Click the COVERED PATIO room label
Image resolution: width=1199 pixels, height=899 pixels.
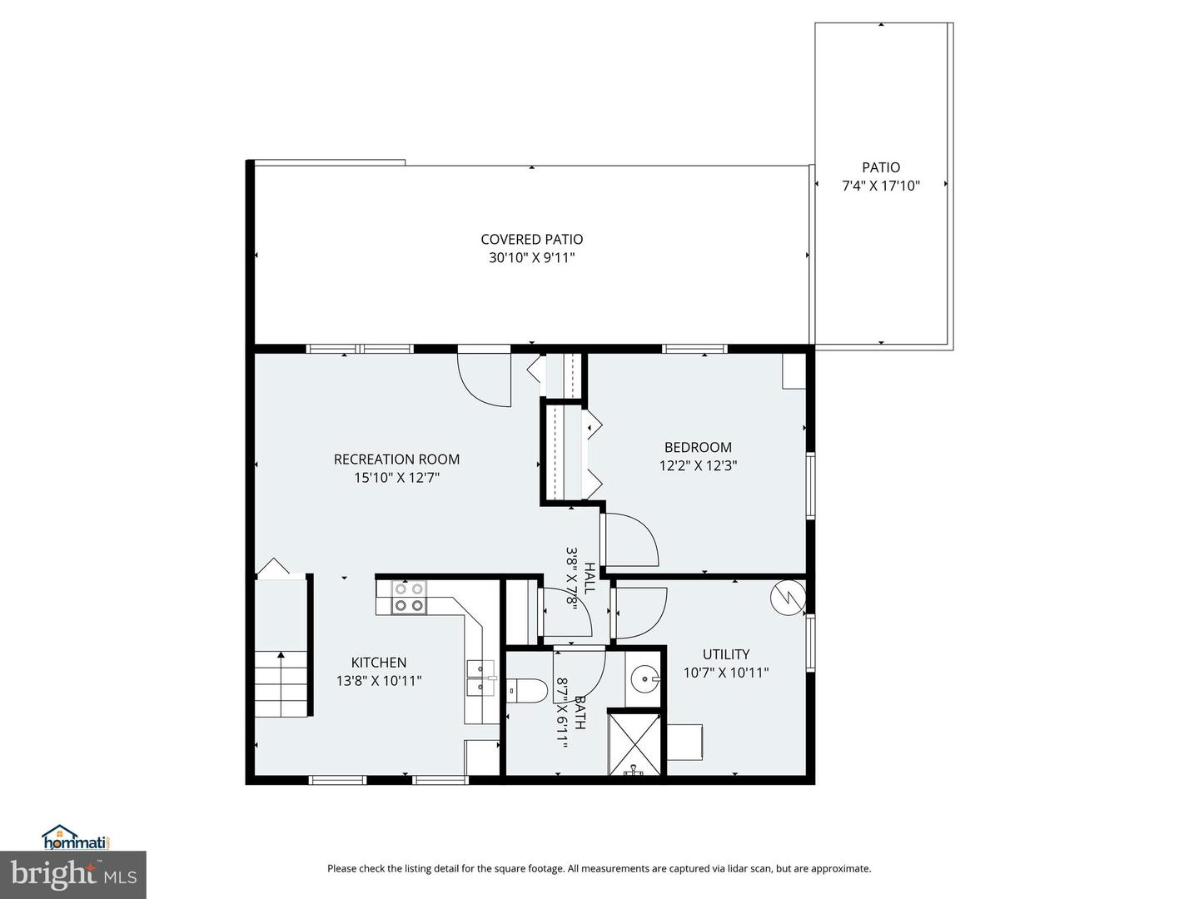(531, 240)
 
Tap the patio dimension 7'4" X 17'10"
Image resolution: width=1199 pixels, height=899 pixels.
(880, 186)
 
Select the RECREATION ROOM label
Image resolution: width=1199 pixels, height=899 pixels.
(396, 459)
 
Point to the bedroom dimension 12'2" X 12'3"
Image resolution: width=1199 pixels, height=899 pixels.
(698, 466)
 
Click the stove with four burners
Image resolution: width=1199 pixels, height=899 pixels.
(409, 597)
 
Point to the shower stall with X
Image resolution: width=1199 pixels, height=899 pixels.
(635, 743)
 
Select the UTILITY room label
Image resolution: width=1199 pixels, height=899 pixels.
(725, 654)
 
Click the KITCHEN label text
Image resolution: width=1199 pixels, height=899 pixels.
(379, 663)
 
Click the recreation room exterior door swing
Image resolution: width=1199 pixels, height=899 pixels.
(485, 380)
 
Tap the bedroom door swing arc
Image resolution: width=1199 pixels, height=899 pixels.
(631, 540)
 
